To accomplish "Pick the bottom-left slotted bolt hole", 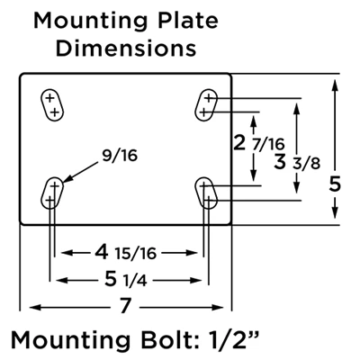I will pos(52,191).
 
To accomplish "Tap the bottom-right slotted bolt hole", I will pos(208,191).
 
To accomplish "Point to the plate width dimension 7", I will pos(126,306).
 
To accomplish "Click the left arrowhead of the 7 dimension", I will pos(27,306).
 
